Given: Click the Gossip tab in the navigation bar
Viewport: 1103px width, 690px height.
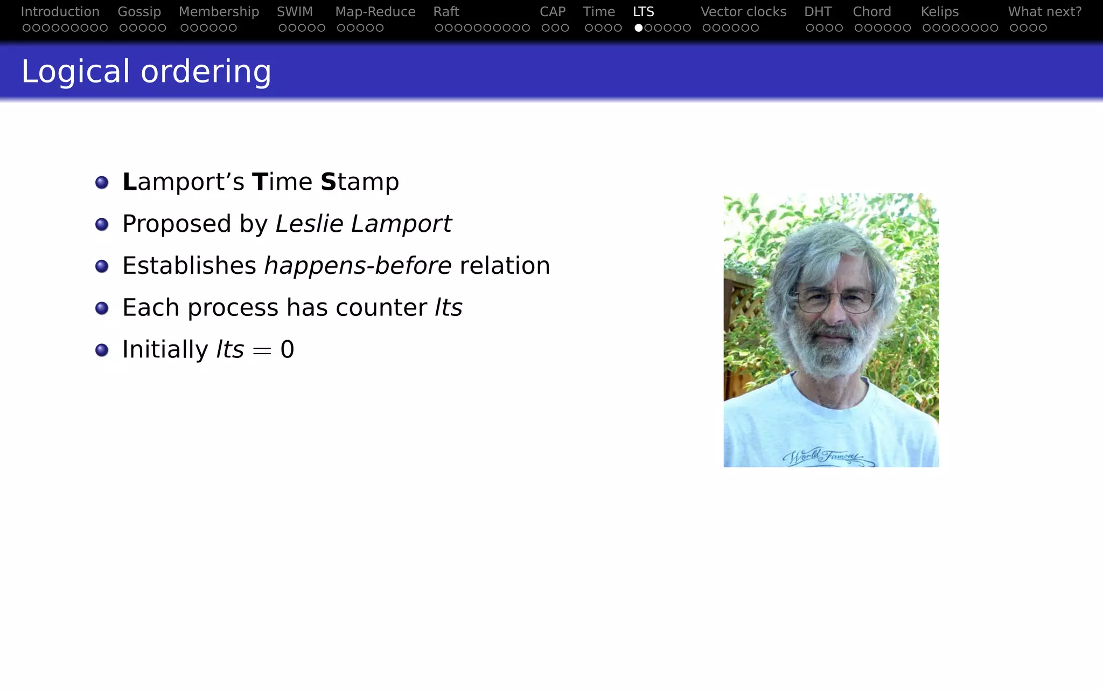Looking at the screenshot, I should click(139, 12).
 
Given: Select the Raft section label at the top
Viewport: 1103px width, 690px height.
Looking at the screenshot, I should click(446, 12).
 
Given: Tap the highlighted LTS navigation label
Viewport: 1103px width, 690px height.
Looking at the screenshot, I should click(643, 12).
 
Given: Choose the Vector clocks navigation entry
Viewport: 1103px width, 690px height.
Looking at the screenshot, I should click(743, 12).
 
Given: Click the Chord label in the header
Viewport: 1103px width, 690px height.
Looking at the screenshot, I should click(871, 12).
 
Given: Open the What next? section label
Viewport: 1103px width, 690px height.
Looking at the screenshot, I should click(1044, 12).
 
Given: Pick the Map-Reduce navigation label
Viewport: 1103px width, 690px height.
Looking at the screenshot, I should click(375, 12).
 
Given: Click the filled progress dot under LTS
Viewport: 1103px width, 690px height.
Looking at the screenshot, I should click(638, 28).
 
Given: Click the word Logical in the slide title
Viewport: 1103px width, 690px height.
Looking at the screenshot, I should click(75, 72).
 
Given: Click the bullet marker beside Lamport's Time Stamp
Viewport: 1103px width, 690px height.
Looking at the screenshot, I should click(102, 182).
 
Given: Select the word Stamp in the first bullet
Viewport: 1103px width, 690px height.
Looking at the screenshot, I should click(360, 182).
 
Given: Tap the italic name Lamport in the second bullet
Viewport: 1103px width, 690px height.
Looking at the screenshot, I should click(401, 224).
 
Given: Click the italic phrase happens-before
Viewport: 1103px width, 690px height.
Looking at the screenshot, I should click(358, 266).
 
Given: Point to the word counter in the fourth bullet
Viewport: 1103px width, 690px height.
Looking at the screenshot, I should click(381, 308).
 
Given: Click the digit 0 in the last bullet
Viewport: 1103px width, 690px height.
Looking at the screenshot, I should click(287, 350).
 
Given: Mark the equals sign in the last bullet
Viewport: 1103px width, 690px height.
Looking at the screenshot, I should click(262, 351).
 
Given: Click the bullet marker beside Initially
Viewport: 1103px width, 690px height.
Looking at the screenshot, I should click(102, 350).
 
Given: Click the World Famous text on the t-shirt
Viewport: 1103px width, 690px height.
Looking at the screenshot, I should click(824, 456).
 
